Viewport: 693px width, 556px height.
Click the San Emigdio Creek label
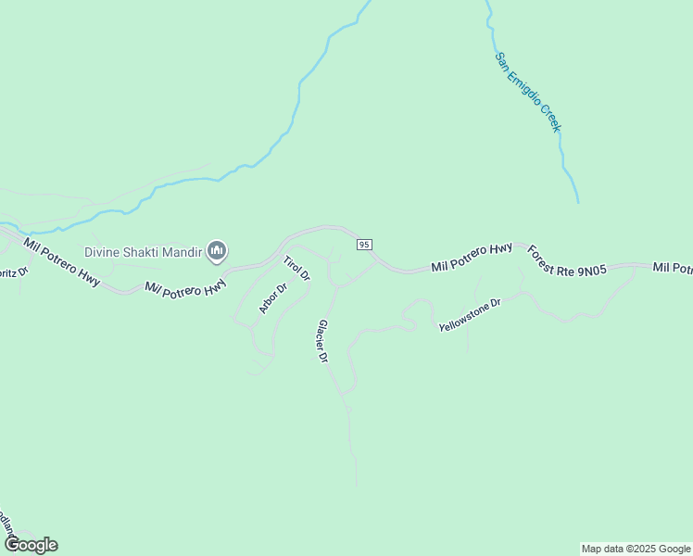pos(527,92)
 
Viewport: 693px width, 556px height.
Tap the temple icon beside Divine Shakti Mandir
pos(218,250)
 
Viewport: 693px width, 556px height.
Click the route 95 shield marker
pos(364,244)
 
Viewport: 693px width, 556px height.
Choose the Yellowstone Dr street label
pos(470,315)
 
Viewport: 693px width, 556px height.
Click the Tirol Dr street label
pos(296,268)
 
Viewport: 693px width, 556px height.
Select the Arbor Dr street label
pos(273,297)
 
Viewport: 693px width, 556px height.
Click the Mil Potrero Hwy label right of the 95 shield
pos(472,259)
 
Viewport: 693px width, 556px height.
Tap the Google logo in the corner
pos(31,545)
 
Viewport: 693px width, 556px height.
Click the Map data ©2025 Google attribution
pos(636,549)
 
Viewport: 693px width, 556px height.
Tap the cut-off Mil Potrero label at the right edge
pos(672,268)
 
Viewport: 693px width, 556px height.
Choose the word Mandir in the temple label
pos(189,251)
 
